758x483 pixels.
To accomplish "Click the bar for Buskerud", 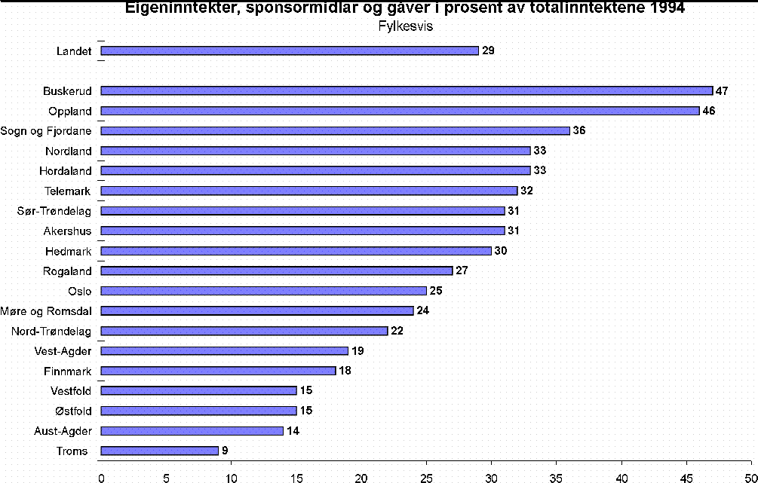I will point(407,91).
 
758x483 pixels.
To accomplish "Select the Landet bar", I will point(290,50).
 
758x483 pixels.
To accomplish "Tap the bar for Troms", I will point(159,451).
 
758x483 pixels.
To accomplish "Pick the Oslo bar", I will point(263,291).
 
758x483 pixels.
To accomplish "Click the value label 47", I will point(722,91).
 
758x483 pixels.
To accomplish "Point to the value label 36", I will point(579,131).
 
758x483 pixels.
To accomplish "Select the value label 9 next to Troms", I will point(225,451).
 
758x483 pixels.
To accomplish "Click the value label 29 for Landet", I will point(488,50).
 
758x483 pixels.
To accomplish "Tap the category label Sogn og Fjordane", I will point(47,131).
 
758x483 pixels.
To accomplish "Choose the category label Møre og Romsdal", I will point(52,310).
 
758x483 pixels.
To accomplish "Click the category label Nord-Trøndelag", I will point(51,331).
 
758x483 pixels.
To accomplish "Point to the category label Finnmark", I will point(69,371).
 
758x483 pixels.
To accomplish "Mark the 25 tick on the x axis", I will point(426,476).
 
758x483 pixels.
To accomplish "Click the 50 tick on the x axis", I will point(751,476).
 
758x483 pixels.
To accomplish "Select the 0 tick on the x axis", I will point(101,476).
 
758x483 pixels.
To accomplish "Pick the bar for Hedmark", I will point(296,251).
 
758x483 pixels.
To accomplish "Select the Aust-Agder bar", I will point(192,431).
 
